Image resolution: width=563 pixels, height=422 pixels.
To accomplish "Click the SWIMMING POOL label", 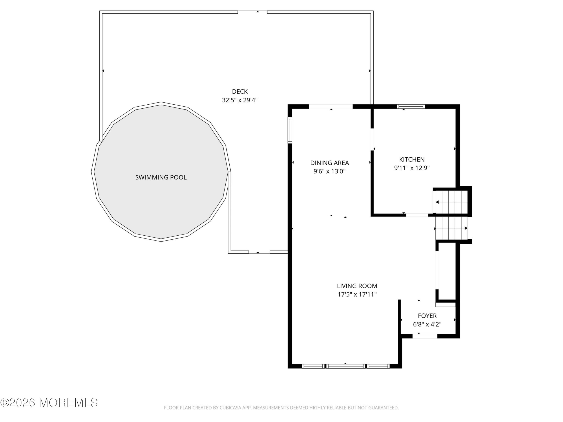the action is click(161, 177).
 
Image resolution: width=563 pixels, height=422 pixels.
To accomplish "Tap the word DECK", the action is click(240, 91).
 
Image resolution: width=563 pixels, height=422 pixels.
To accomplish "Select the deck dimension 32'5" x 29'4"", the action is click(240, 100).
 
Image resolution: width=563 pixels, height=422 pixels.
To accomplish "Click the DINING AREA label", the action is click(330, 163).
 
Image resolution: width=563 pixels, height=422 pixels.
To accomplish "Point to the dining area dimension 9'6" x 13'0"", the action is click(330, 171).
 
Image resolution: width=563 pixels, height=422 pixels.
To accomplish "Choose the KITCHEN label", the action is click(412, 160).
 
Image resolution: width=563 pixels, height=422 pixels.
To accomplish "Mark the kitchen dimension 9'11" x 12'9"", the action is click(412, 168).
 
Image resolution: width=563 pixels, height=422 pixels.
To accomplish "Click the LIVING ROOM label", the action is click(357, 286).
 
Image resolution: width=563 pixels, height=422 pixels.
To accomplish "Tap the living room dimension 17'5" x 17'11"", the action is click(357, 294).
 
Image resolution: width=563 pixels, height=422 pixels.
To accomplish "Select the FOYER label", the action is click(427, 316).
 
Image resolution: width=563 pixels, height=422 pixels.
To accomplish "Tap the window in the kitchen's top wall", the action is click(411, 107).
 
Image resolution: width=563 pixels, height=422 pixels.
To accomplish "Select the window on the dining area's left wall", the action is click(290, 130).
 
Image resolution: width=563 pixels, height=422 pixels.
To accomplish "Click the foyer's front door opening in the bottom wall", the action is click(425, 336).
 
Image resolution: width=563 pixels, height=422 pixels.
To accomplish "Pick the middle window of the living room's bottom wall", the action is click(346, 366).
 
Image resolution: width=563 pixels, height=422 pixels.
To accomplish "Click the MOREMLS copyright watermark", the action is click(49, 403).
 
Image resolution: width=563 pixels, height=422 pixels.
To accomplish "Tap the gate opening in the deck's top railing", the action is click(252, 12).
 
